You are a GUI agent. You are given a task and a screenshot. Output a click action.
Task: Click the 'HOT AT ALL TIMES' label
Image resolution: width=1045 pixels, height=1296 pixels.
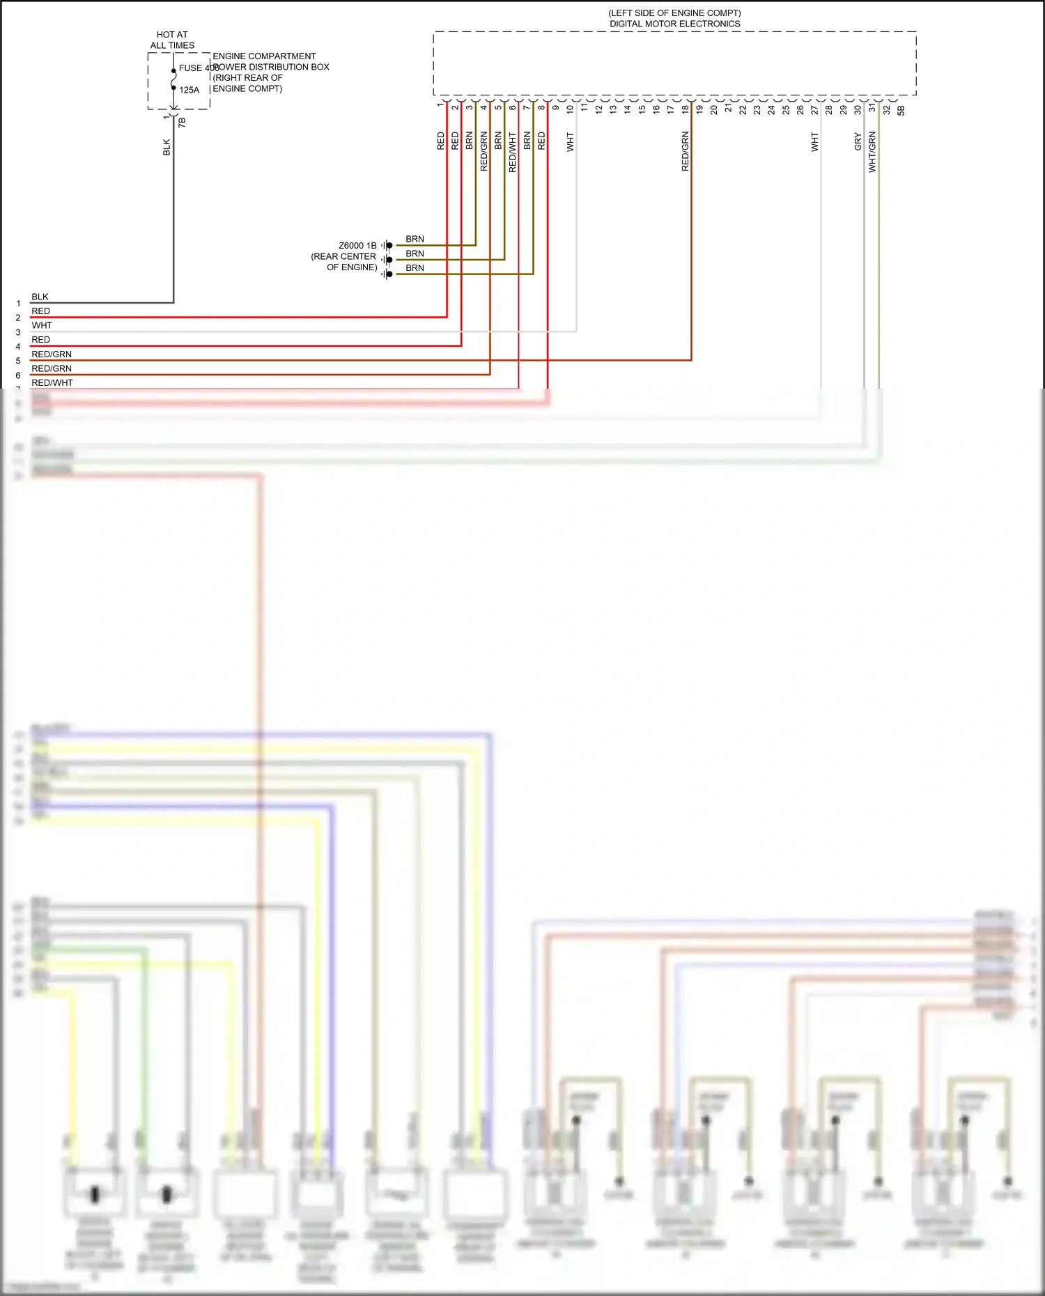tap(172, 40)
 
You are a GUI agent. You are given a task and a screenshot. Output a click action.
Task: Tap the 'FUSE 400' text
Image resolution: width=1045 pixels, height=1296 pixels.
tap(199, 68)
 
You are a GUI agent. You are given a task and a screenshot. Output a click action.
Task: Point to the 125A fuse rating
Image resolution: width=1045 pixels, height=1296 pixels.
tap(189, 90)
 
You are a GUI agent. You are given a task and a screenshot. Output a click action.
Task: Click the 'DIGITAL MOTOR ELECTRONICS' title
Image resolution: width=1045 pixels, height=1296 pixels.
tap(674, 24)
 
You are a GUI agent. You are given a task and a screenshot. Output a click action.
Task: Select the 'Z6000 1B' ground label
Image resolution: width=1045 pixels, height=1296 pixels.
tap(357, 246)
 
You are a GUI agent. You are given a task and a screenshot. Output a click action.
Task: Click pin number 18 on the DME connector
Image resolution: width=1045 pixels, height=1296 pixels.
tap(686, 109)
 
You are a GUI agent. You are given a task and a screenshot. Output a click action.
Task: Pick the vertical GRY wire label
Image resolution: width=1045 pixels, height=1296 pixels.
tap(858, 142)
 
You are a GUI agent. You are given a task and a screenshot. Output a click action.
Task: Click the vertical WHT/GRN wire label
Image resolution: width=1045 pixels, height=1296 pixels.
tap(872, 153)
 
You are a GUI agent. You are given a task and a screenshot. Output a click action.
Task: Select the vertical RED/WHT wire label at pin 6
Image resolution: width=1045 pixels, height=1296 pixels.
tap(513, 153)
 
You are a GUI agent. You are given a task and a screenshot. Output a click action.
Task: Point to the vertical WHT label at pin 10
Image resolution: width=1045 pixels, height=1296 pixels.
tap(570, 142)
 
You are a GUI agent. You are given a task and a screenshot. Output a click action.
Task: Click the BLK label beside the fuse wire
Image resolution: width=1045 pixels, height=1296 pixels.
tap(167, 147)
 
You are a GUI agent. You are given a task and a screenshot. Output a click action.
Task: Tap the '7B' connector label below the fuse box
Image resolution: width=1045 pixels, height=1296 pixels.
tap(182, 122)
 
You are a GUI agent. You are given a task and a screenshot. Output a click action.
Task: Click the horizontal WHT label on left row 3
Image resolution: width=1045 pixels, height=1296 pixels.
tap(42, 325)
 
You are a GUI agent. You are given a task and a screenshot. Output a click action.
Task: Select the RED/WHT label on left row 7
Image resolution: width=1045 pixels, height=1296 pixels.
tap(52, 382)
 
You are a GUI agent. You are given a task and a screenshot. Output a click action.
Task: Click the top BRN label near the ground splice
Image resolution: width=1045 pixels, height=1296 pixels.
tap(415, 239)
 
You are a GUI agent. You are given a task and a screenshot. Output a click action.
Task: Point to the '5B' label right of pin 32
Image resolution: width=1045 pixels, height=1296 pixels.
tap(901, 110)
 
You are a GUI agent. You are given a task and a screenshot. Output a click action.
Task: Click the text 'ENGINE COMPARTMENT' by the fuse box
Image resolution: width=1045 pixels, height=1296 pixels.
tap(264, 56)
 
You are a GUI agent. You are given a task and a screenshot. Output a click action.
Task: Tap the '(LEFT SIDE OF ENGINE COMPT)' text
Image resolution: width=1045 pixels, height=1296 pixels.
tap(674, 13)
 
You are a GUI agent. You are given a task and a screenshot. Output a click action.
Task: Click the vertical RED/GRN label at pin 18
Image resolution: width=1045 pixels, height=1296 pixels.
tap(686, 151)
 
